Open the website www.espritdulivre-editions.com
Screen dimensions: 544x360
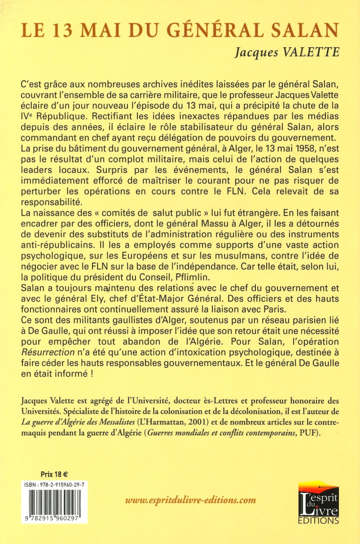[191, 500]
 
